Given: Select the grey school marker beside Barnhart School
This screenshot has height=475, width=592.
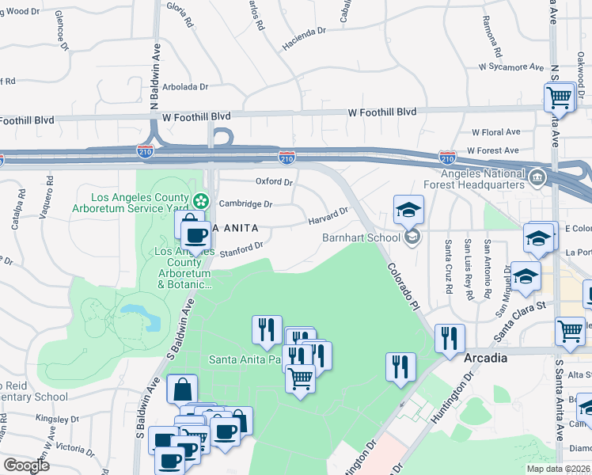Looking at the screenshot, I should point(411,237).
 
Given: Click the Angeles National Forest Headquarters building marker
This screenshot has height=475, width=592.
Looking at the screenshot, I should point(538,176).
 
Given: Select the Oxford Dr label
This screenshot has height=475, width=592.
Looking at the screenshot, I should point(274,181).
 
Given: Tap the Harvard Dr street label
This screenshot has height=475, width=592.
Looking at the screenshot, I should point(328,215).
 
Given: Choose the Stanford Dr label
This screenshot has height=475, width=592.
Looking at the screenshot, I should point(241,251).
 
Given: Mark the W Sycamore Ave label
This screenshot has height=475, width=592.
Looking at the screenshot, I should point(511,67).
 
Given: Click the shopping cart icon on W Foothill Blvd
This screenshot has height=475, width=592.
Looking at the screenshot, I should point(559,98).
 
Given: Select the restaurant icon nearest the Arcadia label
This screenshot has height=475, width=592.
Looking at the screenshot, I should point(450,338).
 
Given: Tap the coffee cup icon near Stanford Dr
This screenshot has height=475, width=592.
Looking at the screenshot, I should point(195,234).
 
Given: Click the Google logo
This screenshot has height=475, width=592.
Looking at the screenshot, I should point(27,465).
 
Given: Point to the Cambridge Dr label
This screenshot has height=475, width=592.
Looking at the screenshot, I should point(245,203).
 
